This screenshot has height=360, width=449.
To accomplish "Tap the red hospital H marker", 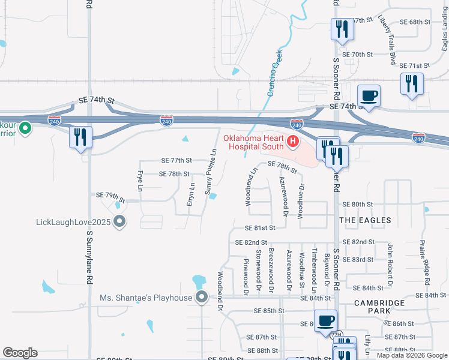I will point(293,142).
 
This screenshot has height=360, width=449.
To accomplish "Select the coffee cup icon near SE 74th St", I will point(368,96).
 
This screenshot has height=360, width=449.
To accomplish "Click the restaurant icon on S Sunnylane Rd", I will point(80,137).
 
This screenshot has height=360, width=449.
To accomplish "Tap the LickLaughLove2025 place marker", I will point(119,221).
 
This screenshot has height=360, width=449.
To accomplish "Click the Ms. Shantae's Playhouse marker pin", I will point(202,297).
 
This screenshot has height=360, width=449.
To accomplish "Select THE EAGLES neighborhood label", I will point(365,220).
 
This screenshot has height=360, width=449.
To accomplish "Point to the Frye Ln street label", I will point(139,178).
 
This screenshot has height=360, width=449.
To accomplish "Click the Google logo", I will point(20,353).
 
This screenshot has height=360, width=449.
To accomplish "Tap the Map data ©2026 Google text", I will point(412,355).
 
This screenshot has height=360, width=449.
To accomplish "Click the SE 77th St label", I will point(176,160).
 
